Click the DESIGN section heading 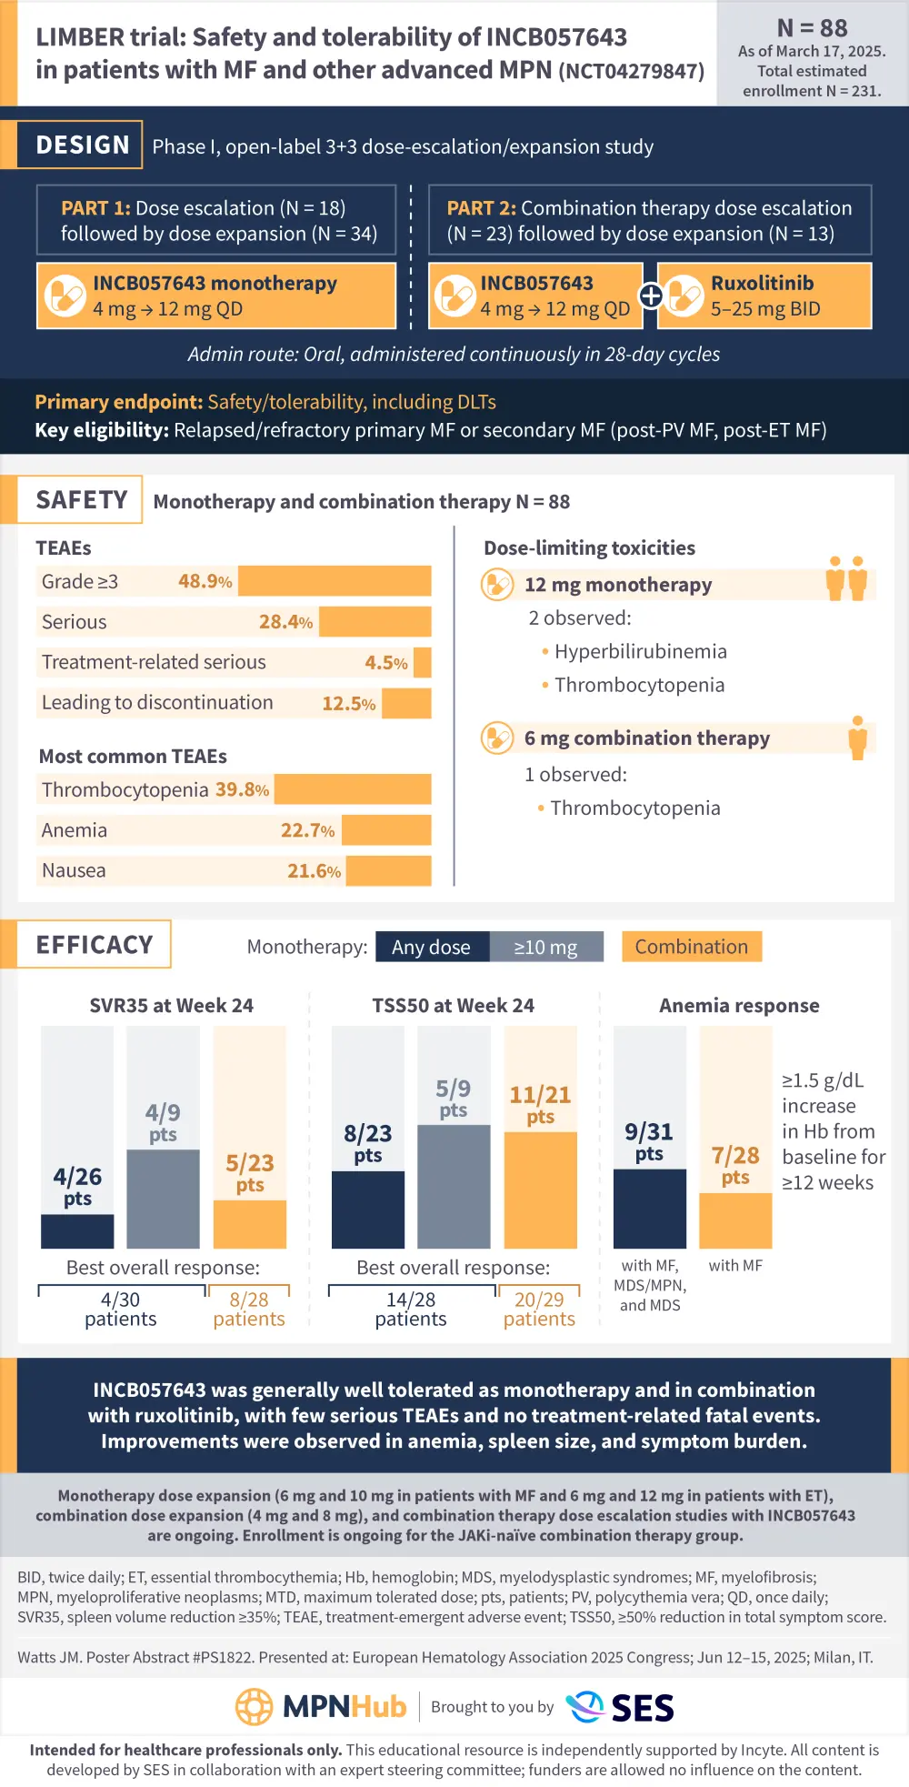tap(83, 146)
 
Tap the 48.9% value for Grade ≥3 tap(205, 581)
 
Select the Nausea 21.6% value tap(314, 870)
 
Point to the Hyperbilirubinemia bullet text tap(640, 651)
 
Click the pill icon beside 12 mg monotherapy tap(497, 585)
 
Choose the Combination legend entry tap(691, 947)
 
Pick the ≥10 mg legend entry tap(545, 947)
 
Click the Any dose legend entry tap(431, 947)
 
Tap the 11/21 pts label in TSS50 tap(540, 1104)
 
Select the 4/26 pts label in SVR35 tap(77, 1186)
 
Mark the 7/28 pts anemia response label tap(735, 1165)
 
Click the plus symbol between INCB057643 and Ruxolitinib tap(651, 296)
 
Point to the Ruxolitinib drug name tap(762, 283)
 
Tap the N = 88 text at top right tap(812, 28)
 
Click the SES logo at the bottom tap(621, 1707)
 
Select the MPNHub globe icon tap(255, 1707)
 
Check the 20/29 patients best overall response tap(539, 1309)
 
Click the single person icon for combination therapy tap(857, 738)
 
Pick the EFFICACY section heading tap(94, 945)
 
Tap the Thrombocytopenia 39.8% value tap(242, 789)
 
